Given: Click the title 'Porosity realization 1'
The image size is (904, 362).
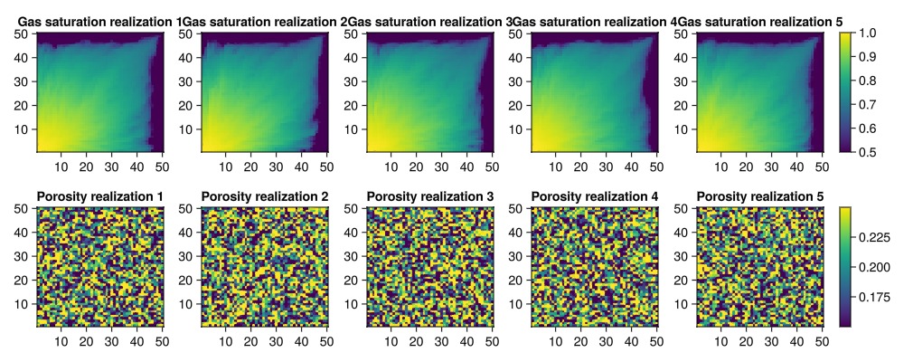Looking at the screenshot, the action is click(x=99, y=197).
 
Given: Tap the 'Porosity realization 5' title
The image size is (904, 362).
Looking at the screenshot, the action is click(x=760, y=197).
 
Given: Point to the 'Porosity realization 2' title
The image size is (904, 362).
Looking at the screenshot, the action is click(x=265, y=197).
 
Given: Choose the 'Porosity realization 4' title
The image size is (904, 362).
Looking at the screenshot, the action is click(x=595, y=197).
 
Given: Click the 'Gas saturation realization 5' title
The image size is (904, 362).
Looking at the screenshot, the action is click(x=760, y=22).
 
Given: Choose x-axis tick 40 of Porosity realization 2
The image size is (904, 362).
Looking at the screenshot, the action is click(x=302, y=341).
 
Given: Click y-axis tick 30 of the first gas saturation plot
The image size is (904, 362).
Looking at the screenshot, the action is click(x=24, y=81).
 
